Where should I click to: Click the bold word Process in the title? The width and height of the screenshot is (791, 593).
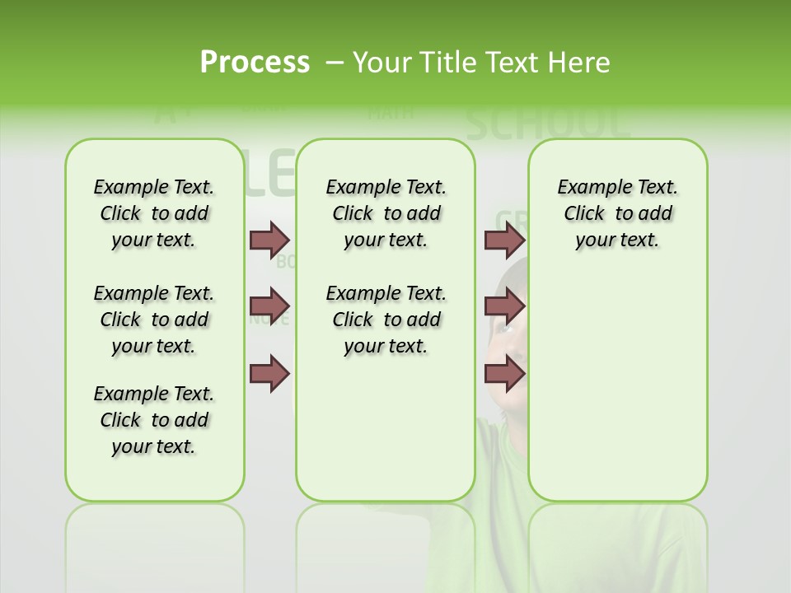click(255, 63)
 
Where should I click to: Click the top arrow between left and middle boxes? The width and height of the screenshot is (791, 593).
click(269, 240)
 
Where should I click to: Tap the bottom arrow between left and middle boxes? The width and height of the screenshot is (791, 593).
click(269, 374)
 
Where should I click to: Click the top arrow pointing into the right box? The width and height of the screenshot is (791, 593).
click(504, 240)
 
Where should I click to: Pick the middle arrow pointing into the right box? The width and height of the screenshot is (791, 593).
click(504, 306)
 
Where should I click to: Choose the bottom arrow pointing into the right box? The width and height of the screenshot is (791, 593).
click(504, 374)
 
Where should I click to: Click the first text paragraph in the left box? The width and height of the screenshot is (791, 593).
click(154, 213)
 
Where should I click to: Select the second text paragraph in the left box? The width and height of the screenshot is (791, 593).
click(154, 320)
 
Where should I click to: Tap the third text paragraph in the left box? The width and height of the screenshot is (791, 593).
click(154, 420)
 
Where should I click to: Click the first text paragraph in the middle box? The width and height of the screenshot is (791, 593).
click(386, 213)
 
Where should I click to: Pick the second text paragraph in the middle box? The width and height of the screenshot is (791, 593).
click(386, 320)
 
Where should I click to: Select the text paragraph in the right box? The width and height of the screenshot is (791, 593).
click(618, 213)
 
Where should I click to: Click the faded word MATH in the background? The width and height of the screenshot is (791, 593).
click(391, 112)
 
